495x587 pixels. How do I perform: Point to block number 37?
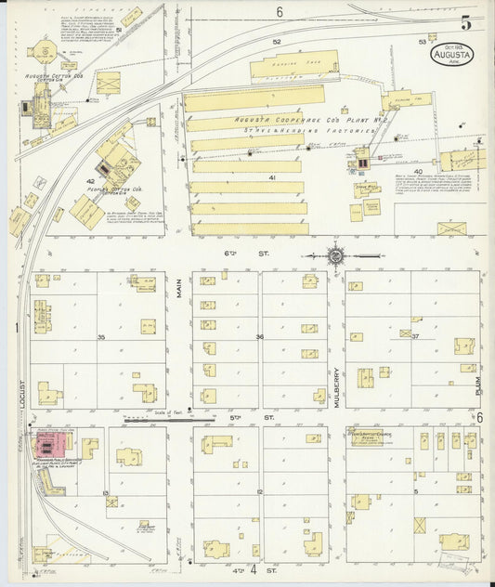[416, 336]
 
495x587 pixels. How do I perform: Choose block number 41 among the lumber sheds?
[272, 176]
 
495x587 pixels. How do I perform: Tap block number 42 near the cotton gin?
[91, 181]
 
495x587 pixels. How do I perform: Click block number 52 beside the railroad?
[276, 42]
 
